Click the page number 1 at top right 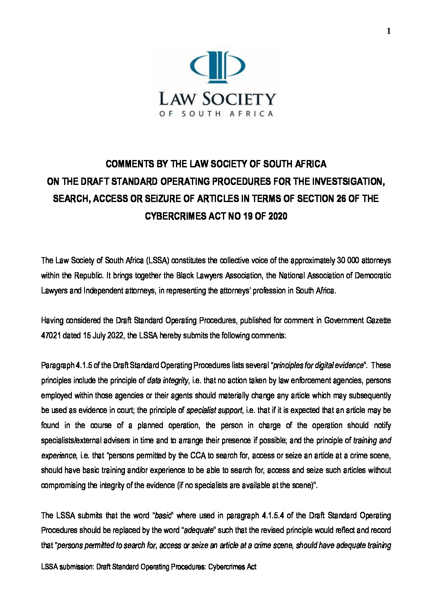coord(389,31)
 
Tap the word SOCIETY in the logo coord(239,99)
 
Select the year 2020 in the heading coord(278,216)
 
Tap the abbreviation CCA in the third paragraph coord(195,455)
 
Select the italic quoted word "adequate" coord(199,531)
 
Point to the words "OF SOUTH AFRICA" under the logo coord(216,114)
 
